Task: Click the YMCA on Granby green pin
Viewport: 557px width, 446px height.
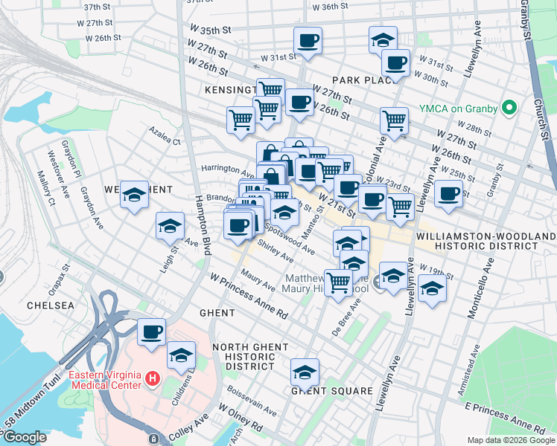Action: pos(510,108)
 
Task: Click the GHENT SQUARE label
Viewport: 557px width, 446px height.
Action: pos(331,391)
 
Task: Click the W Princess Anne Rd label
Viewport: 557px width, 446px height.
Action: pos(249,295)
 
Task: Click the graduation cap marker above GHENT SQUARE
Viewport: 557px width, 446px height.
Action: pos(305,372)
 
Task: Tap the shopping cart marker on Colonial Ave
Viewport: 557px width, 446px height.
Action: pos(394,120)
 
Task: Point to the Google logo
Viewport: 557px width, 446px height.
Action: pos(24,438)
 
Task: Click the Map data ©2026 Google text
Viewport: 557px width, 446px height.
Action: pos(510,440)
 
